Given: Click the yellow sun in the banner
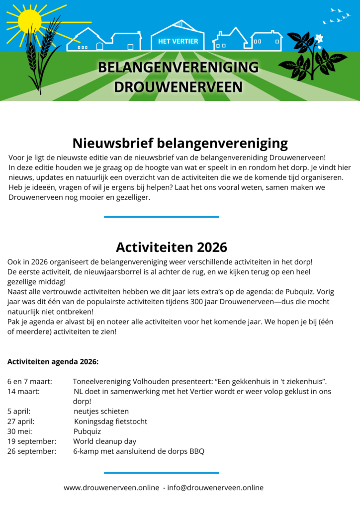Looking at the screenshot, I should [x=29, y=21].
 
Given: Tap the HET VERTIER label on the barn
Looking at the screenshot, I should [x=178, y=41].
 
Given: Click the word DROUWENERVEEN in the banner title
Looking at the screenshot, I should [x=178, y=87].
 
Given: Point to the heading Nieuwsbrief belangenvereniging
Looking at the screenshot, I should [x=180, y=143].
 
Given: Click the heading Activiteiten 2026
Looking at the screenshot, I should [x=171, y=247].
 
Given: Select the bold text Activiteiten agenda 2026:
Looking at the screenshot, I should [x=53, y=361].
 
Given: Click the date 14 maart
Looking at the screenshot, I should [x=23, y=392].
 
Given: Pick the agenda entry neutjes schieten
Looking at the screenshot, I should [x=101, y=412].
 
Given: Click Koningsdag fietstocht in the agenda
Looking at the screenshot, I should [x=110, y=422].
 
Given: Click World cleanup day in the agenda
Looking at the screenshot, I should [x=104, y=441].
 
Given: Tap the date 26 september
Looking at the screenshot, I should [x=31, y=451].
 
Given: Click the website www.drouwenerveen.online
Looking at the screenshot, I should [x=111, y=488].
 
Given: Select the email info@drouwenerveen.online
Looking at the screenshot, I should [x=215, y=488].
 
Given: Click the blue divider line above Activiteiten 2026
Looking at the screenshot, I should [x=161, y=217].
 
